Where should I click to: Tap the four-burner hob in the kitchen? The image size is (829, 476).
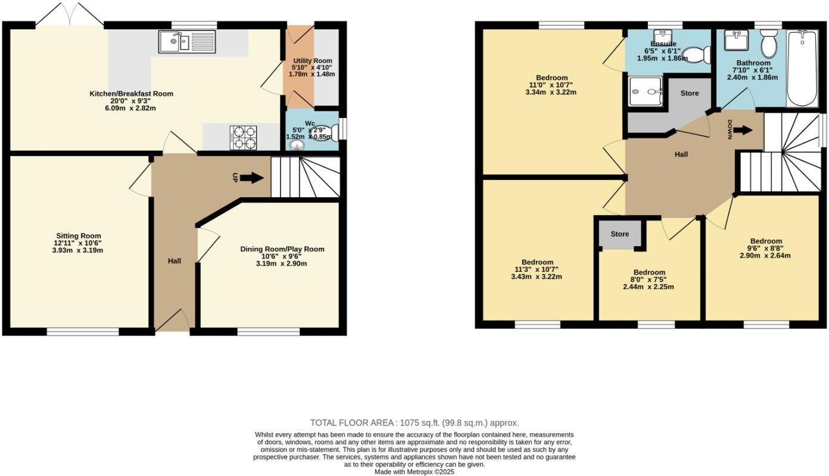tap(243, 137)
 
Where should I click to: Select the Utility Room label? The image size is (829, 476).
tap(311, 61)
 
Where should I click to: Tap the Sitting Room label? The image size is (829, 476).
tap(79, 235)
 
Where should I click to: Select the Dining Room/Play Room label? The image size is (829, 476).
tap(282, 249)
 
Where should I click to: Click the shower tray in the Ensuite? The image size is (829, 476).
tap(644, 92)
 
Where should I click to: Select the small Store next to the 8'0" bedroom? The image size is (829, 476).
tap(619, 234)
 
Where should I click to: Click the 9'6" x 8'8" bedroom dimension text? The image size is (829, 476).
tap(766, 248)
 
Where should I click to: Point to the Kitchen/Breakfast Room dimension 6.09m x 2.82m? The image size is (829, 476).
tap(131, 109)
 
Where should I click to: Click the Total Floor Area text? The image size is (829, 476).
tap(414, 422)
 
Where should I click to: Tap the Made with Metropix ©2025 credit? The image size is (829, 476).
tap(414, 471)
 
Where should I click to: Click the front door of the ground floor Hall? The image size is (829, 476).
tap(172, 322)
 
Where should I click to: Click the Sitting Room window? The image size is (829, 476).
tap(83, 331)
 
